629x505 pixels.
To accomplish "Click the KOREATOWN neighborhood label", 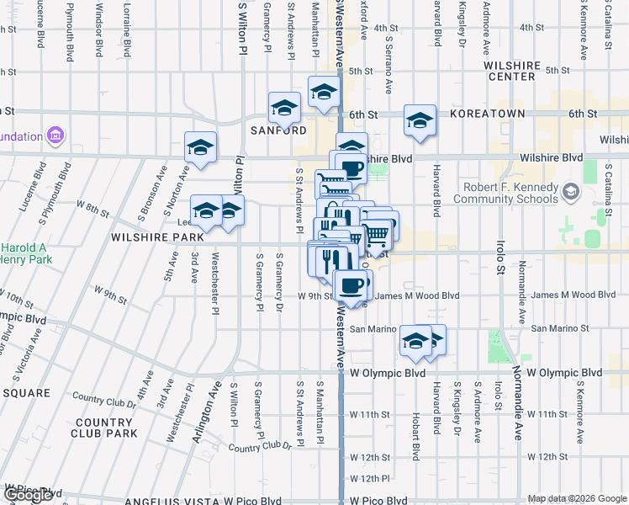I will (488, 113).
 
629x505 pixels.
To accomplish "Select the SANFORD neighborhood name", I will (278, 130).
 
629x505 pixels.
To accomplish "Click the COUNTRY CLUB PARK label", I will (105, 428).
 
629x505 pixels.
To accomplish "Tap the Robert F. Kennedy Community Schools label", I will (505, 194).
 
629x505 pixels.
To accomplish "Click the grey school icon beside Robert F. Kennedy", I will (572, 193).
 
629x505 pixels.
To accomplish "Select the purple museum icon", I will (56, 135).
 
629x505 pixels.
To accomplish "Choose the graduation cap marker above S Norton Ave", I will (201, 147).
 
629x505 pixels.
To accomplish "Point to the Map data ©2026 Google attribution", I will (578, 498).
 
